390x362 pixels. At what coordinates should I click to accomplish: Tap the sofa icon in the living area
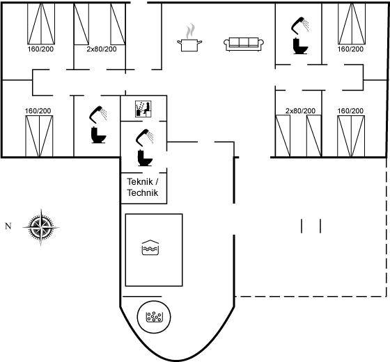[244, 44]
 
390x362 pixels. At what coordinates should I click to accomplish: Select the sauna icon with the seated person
[143, 108]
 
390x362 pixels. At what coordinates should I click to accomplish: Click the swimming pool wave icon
[150, 247]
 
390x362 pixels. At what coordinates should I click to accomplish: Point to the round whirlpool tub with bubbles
[154, 317]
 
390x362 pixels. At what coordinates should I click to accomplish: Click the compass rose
[41, 227]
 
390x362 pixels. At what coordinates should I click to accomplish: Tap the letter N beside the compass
[8, 226]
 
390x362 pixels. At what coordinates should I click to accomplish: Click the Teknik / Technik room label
[143, 187]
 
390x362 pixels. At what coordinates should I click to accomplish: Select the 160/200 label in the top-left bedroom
[40, 49]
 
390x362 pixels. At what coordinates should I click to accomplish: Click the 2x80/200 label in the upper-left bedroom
[102, 49]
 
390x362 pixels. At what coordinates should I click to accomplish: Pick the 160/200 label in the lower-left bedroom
[38, 110]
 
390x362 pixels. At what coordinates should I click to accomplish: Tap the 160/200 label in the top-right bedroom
[350, 49]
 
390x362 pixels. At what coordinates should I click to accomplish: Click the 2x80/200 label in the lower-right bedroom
[300, 110]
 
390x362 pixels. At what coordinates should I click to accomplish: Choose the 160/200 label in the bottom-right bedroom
[350, 110]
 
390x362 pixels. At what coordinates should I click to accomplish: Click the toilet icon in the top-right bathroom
[300, 46]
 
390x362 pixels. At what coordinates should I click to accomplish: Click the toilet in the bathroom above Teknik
[145, 158]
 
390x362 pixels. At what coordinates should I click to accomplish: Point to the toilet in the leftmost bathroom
[99, 135]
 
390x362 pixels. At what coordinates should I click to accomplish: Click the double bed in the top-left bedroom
[41, 24]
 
